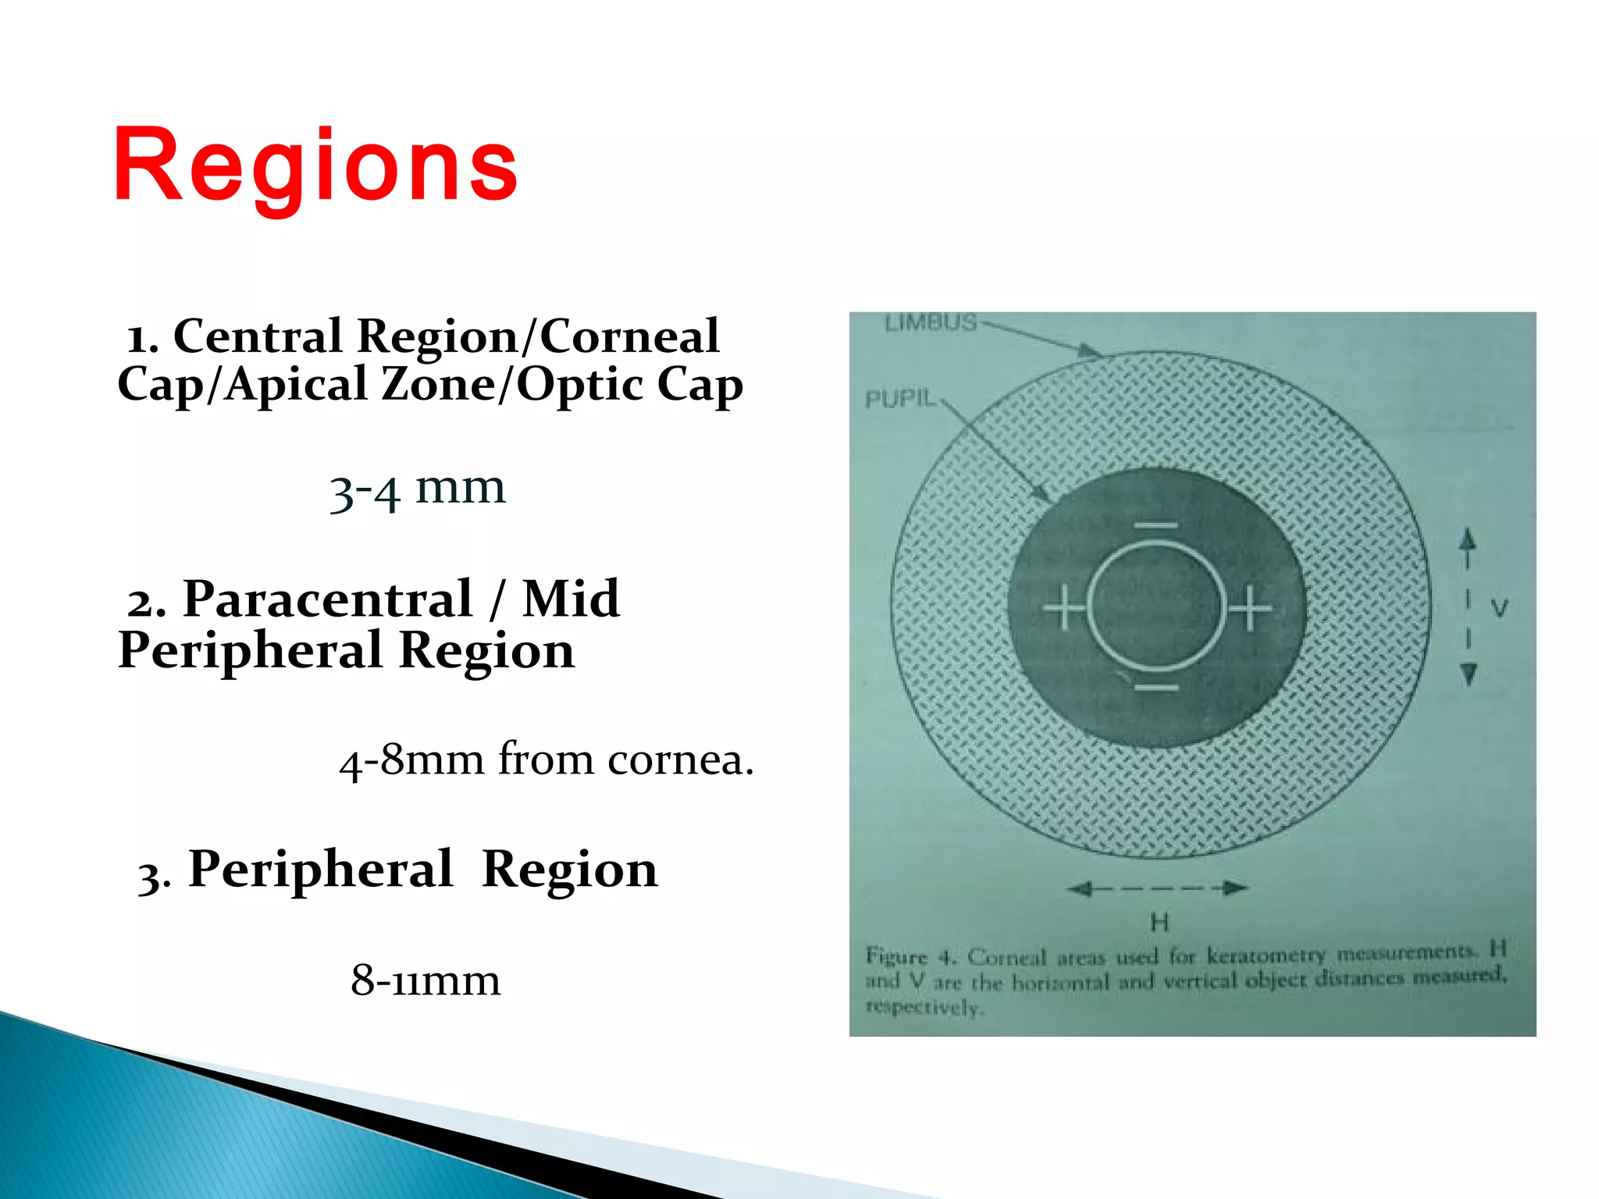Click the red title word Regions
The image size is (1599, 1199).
tap(315, 165)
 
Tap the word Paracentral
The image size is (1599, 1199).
tap(328, 599)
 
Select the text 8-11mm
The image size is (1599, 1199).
tap(426, 980)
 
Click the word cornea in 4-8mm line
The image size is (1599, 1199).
tap(680, 760)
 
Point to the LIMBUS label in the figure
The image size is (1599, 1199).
tap(931, 322)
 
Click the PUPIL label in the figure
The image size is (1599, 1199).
tap(900, 399)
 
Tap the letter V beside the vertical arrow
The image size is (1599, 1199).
tap(1499, 607)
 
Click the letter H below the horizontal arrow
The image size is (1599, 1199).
tap(1159, 923)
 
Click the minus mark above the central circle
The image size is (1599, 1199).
tap(1156, 525)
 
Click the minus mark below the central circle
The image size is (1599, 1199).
tap(1156, 688)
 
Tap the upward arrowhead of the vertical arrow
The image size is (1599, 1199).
tap(1468, 538)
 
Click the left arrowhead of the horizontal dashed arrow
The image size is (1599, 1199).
tap(1079, 888)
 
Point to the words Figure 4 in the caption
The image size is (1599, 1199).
tap(910, 956)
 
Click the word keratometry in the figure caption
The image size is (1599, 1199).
tap(1266, 955)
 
